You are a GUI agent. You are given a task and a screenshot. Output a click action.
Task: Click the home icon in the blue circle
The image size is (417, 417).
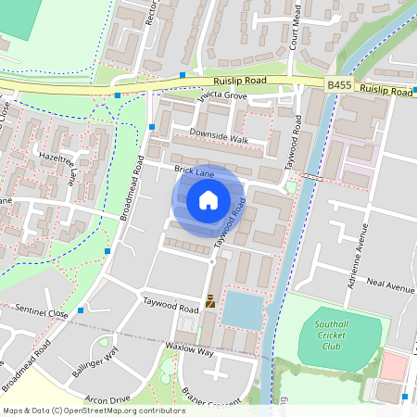(208, 200)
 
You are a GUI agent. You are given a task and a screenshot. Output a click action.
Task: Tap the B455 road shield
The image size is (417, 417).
(339, 84)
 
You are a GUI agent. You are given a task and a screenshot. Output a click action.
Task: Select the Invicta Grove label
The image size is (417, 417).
(221, 95)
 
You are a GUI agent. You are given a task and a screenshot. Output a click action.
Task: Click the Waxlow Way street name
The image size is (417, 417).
(191, 353)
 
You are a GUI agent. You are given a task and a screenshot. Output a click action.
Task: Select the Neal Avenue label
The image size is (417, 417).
(389, 286)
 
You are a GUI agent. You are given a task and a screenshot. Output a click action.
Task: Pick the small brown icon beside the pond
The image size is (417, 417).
(211, 300)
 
